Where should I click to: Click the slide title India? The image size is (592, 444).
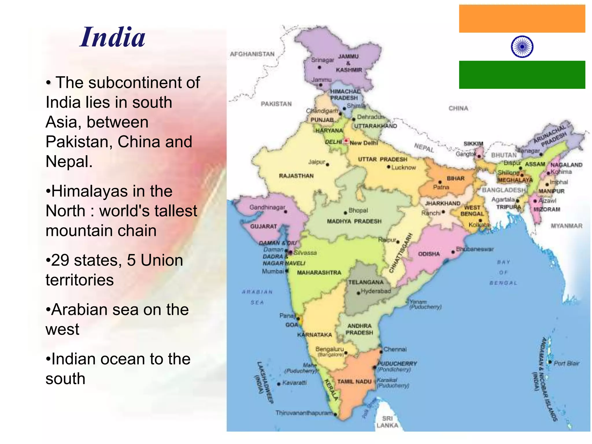(112, 37)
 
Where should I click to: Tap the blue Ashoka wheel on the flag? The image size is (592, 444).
(522, 47)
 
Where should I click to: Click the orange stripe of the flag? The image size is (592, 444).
(522, 18)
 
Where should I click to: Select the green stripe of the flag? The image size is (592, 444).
(522, 75)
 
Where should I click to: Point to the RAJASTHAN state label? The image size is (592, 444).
(296, 176)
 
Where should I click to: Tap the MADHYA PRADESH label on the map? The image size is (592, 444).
(354, 221)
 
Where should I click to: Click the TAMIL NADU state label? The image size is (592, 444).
(354, 382)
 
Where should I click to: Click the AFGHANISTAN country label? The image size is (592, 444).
(252, 54)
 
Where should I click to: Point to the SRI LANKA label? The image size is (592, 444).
(387, 422)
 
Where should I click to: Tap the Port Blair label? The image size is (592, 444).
(566, 363)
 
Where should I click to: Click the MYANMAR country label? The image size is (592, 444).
(566, 226)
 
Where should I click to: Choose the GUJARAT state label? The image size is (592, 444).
(263, 226)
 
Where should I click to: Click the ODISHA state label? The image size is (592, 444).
(429, 254)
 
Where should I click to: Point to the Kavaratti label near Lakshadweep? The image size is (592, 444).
(294, 383)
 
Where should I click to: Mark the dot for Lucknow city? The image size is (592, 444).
(389, 167)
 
